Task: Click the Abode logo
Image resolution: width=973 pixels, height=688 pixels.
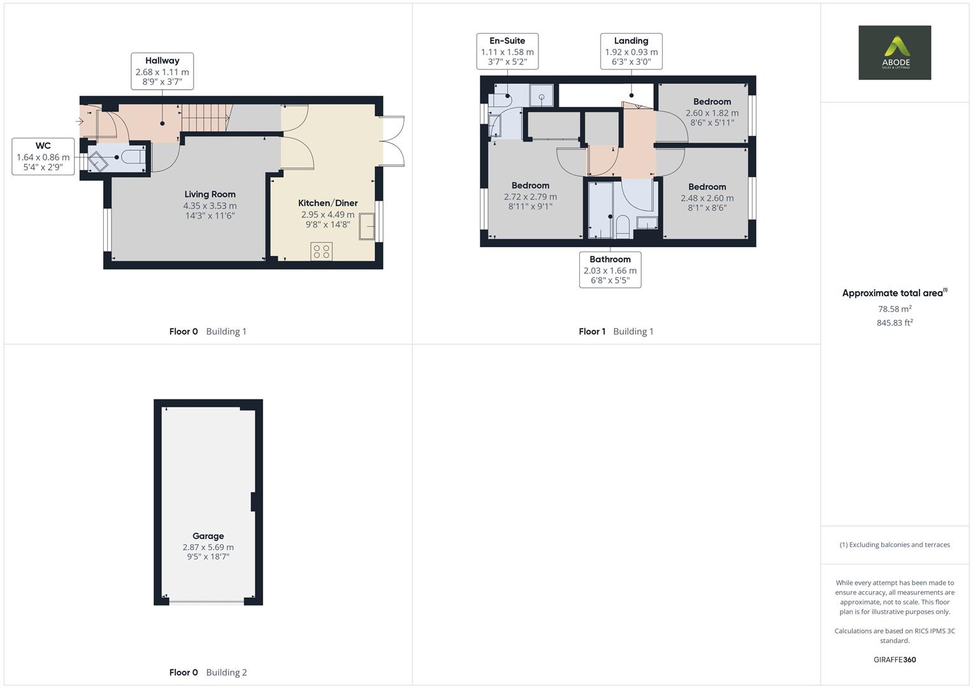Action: tap(894, 52)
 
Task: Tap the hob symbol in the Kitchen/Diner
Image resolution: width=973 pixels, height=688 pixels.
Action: tap(321, 252)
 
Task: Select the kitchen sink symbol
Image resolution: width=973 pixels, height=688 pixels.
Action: tap(367, 227)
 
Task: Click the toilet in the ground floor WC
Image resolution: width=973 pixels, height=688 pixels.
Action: tap(132, 157)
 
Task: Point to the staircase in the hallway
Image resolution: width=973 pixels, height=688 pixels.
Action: tap(205, 118)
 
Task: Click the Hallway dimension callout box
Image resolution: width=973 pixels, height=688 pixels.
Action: tap(162, 71)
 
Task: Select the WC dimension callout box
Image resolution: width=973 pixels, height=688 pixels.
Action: tap(43, 156)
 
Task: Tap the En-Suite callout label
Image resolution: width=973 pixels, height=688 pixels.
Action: tap(507, 51)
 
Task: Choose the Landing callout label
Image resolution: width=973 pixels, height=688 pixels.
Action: tap(631, 51)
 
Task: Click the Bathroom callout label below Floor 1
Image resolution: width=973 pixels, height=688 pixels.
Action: tap(610, 269)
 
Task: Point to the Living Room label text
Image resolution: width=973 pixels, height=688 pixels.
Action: tap(210, 194)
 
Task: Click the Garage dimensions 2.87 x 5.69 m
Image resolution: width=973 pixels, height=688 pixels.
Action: tap(208, 547)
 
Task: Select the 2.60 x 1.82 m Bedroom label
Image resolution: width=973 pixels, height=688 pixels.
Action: tap(712, 112)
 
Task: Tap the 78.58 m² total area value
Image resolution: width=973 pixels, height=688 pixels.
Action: tap(894, 309)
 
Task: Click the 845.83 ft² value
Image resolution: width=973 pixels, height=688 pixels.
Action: tap(894, 323)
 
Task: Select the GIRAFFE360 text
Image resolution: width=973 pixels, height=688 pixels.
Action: tap(894, 659)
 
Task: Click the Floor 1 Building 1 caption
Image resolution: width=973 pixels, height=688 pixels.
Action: tap(616, 331)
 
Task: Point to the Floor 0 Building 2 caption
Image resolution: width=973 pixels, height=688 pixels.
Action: tap(208, 672)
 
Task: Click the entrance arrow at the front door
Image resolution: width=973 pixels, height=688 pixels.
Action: tap(80, 120)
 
